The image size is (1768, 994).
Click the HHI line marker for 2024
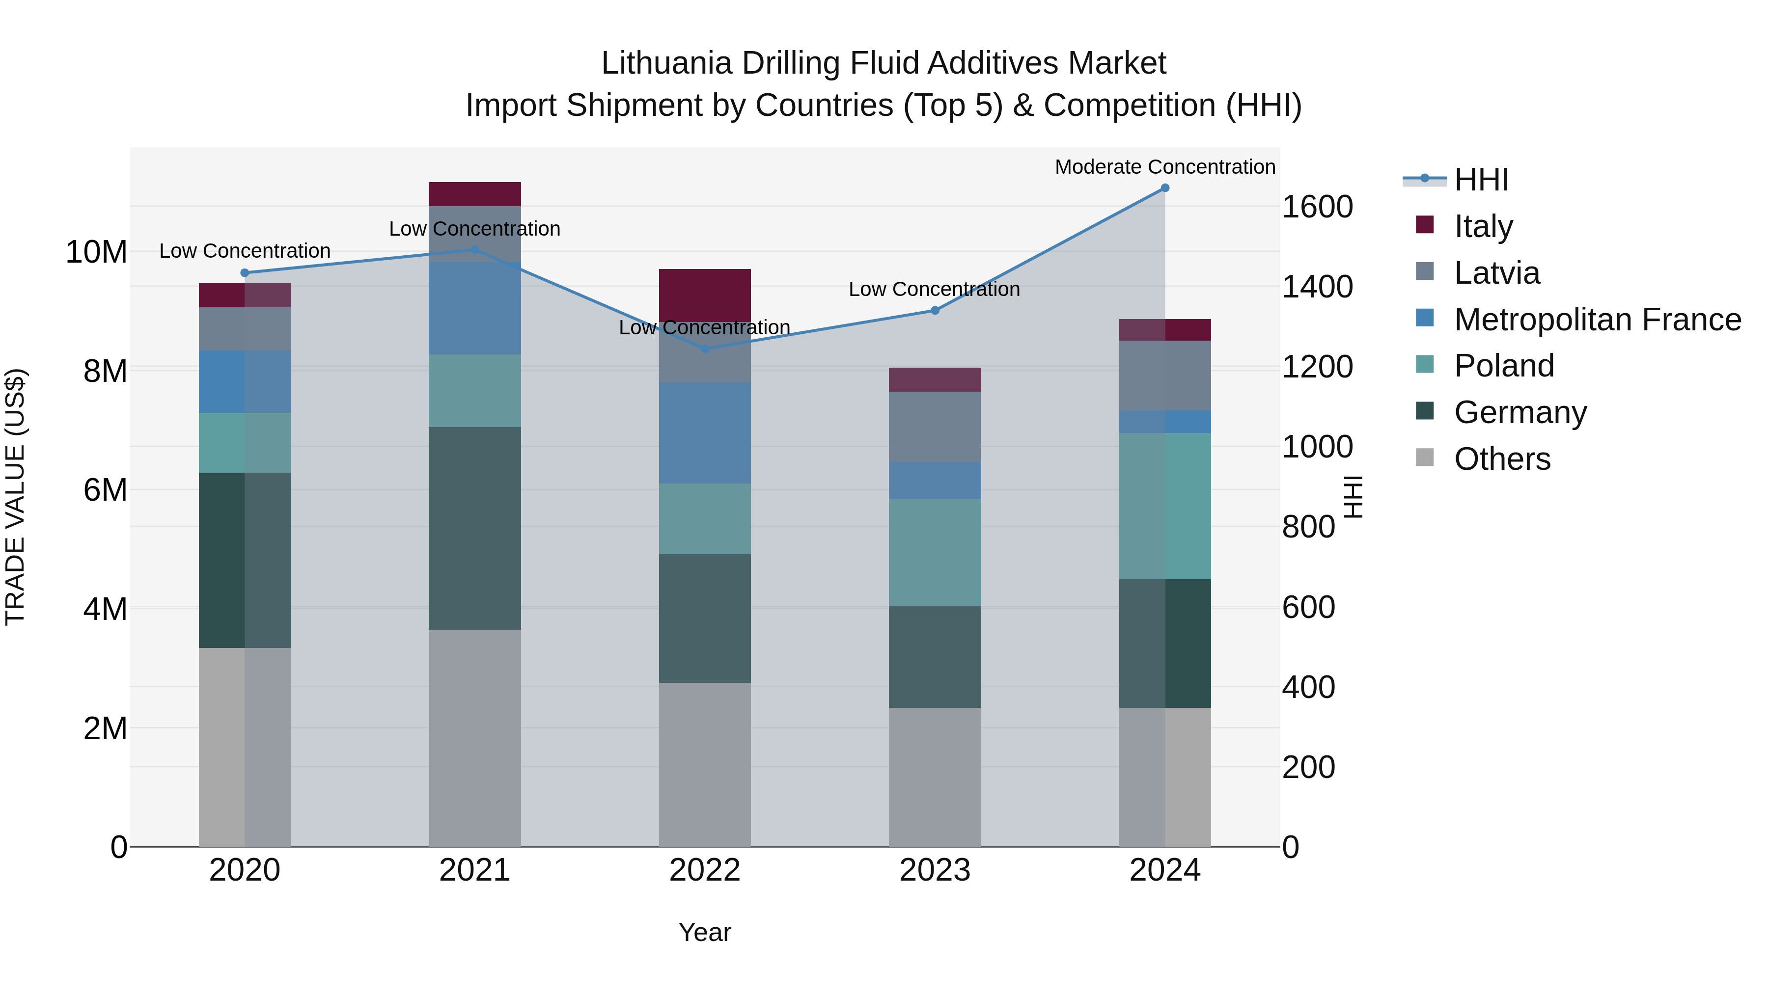tap(1165, 188)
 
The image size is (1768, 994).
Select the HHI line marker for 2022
tap(705, 349)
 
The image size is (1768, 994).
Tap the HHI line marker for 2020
tap(245, 273)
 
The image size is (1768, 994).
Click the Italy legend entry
tap(1483, 226)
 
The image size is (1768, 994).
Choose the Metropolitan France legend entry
tap(1597, 320)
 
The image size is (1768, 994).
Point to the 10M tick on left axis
tap(96, 252)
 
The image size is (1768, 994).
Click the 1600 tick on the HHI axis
tap(1316, 207)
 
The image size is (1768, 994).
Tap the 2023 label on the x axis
tap(934, 870)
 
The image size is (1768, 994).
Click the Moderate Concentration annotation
tap(1165, 167)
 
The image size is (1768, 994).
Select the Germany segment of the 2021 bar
tap(475, 528)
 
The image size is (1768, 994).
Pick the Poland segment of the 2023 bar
tap(934, 552)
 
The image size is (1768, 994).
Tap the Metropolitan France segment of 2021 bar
tap(475, 307)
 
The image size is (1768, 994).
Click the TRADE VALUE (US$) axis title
tap(15, 497)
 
